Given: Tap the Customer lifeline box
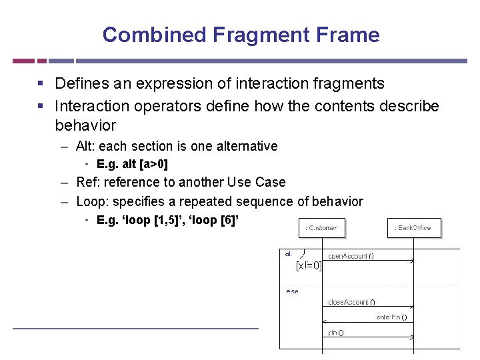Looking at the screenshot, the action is point(321,228).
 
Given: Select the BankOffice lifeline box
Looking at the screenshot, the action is point(413,228).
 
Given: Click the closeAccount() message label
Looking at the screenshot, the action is point(351,302).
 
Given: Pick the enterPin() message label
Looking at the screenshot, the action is point(392,317).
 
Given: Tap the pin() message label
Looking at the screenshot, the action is point(336,333).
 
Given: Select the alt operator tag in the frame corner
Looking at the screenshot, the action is point(289,253).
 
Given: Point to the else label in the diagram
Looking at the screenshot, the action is point(292,291).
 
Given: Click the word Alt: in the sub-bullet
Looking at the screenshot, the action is point(85,146).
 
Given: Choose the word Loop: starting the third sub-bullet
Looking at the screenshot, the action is point(91,201).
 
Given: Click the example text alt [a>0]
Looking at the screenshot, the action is point(132,164).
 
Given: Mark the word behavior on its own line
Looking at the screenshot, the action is point(85,125).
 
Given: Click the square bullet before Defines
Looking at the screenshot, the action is point(41,84).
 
